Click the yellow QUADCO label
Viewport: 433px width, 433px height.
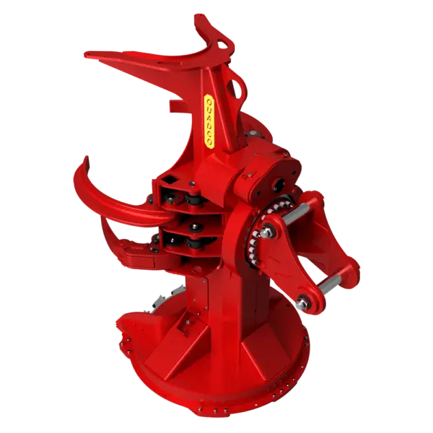point(209,121)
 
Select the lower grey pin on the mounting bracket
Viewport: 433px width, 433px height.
point(330,284)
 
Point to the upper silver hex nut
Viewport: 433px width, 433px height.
point(266,232)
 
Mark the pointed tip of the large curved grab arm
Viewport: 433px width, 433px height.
point(87,158)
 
